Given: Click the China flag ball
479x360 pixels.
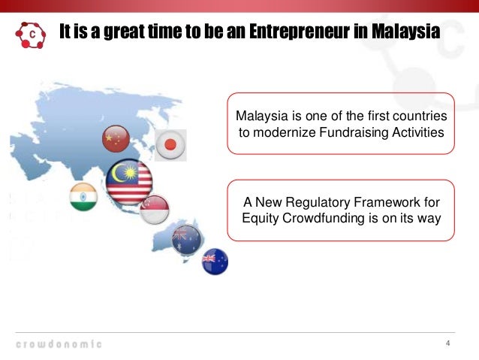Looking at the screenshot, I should click(x=116, y=138).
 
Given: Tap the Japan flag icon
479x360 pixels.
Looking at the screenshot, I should click(x=170, y=144).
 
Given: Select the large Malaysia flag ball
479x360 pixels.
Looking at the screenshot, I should click(x=129, y=183).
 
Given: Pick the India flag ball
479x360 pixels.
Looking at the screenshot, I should click(x=83, y=197).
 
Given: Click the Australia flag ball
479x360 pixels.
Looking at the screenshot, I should click(x=185, y=239).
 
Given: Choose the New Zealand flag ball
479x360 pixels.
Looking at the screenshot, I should click(x=215, y=262).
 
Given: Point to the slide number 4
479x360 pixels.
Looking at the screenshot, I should click(x=448, y=345).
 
